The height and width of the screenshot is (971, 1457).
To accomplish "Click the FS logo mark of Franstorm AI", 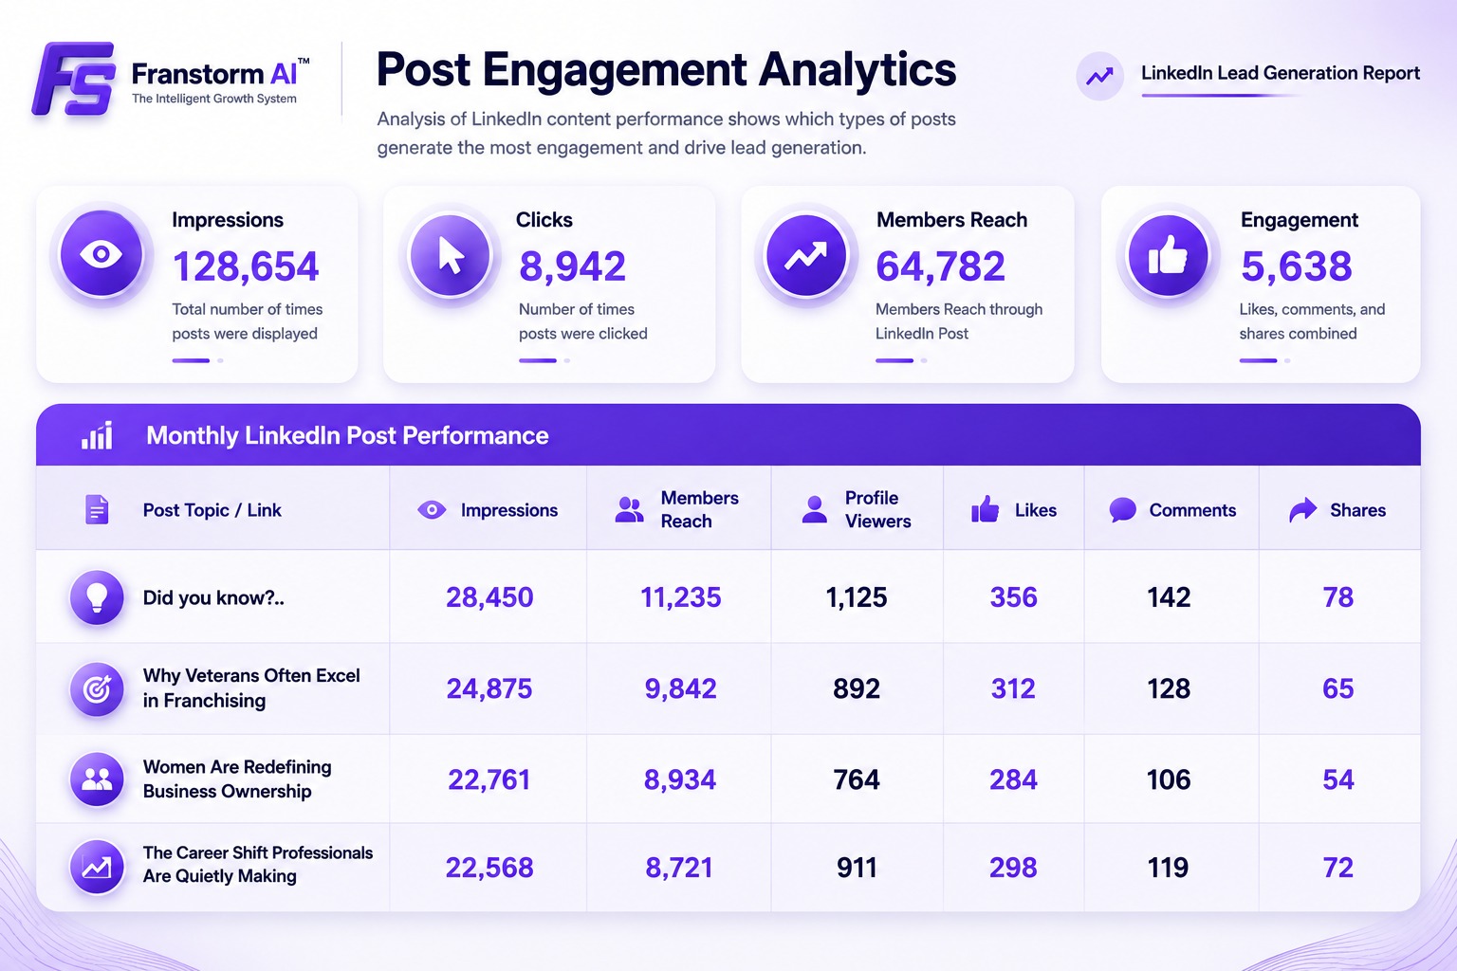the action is point(74,80).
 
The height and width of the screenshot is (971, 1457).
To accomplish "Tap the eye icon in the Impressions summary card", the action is point(101,253).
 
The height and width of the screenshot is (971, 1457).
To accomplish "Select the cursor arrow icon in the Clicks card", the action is point(451,254).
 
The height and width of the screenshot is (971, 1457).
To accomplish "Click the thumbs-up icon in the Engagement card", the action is point(1168,255).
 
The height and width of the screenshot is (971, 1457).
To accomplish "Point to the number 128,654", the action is point(246,266).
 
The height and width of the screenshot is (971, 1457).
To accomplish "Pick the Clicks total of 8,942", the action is point(572,266).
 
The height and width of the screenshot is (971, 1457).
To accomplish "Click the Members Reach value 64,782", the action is point(941,266).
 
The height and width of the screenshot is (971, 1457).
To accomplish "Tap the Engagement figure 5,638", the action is point(1297,266).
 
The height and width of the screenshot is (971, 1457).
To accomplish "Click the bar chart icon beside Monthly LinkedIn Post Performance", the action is point(97,435).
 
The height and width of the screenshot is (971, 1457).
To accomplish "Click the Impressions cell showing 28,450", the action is point(489,597).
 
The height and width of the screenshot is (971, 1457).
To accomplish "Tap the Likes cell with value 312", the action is point(1013,688).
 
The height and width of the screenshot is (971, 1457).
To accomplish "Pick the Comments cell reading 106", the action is point(1169,779).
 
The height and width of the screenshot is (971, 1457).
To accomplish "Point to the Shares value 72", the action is point(1338,868).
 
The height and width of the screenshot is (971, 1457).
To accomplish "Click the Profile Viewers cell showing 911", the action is point(857,868).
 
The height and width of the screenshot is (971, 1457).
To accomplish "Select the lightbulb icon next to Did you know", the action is point(97,597).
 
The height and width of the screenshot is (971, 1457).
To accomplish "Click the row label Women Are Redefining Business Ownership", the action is point(237,779).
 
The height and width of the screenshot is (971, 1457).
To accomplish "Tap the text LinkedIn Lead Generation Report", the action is point(1280,73).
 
